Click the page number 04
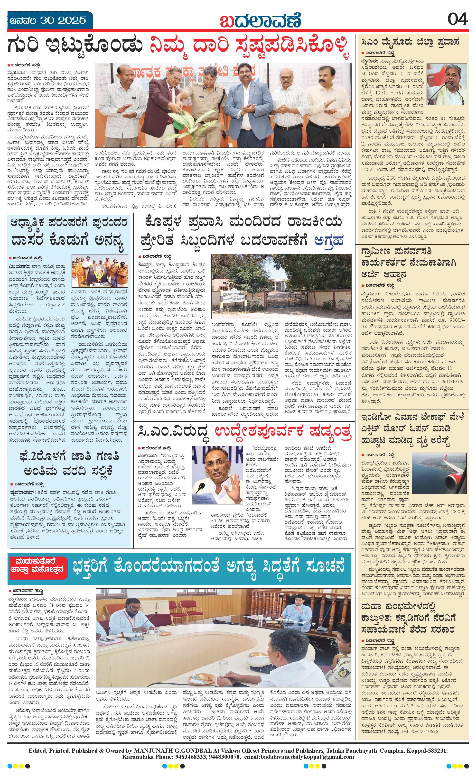click(x=457, y=20)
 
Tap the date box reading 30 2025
click(x=50, y=20)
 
